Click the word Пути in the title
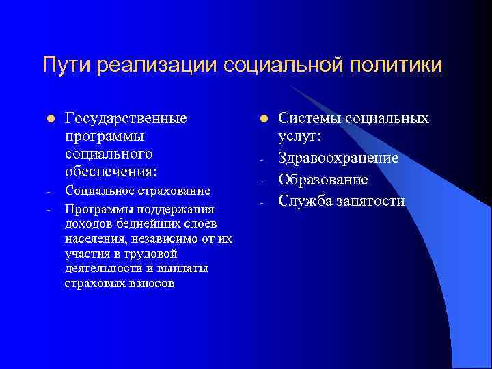67,66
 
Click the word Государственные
126,118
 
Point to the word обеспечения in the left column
109,169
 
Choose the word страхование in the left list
172,190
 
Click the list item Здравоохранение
338,159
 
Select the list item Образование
324,180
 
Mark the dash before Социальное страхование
44,191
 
